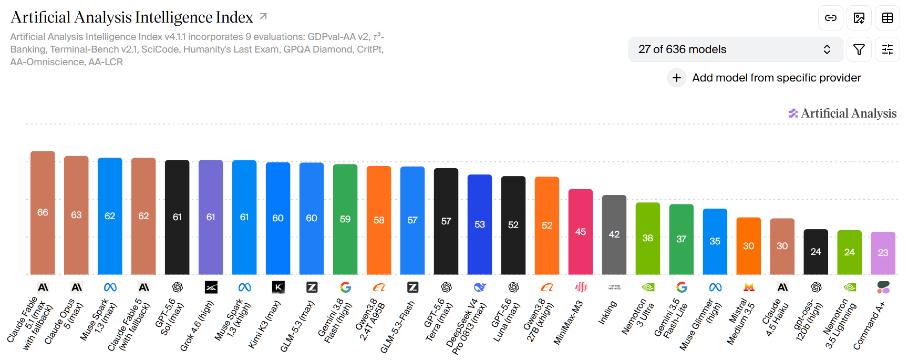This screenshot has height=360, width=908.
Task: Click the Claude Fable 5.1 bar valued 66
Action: [x=43, y=212]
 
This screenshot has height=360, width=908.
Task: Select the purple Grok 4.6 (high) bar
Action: [x=211, y=217]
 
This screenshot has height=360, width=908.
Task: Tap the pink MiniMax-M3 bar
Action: [x=581, y=232]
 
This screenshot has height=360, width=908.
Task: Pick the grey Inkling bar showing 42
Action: [x=614, y=234]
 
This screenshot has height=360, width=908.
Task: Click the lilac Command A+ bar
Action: [x=883, y=253]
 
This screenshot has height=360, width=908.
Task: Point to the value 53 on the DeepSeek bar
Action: [x=480, y=224]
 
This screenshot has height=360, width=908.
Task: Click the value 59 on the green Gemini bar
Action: [x=345, y=219]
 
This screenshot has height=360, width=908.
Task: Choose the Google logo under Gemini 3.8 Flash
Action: [x=345, y=287]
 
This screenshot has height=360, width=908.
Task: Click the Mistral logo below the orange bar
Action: [x=749, y=287]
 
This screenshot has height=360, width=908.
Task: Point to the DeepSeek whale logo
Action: [x=480, y=287]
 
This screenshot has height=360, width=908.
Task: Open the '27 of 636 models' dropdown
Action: [x=736, y=49]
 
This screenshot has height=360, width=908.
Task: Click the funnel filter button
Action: [x=859, y=49]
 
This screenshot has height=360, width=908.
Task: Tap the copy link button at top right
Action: [x=831, y=18]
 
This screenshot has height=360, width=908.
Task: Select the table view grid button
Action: [x=888, y=18]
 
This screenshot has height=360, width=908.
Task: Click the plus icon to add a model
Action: [x=677, y=78]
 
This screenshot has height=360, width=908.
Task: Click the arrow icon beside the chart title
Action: [x=263, y=17]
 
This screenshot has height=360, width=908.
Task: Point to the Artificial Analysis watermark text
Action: [x=849, y=113]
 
